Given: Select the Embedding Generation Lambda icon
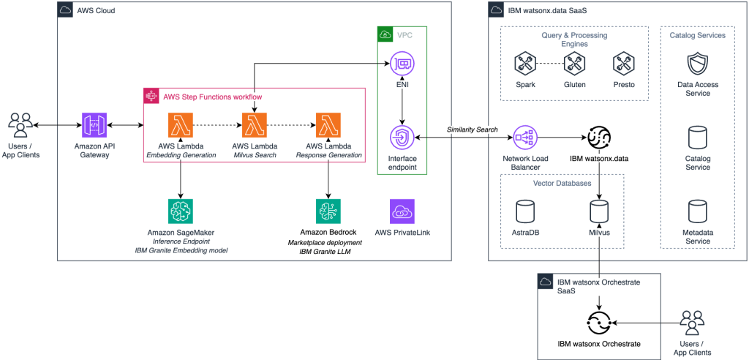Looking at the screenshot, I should coord(181,125).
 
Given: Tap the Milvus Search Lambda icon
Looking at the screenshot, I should coord(255,125).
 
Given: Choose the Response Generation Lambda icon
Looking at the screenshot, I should coord(328,125).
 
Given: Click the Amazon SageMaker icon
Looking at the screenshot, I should coord(181,212).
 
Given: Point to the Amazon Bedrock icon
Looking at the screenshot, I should coord(328,212).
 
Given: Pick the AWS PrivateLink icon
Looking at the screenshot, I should coord(402,211).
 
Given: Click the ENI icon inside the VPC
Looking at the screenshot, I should coord(402,64).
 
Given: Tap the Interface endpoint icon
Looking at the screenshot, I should coord(402,137).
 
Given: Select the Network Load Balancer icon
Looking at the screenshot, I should coord(525,137).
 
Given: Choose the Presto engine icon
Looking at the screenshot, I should coord(622,66).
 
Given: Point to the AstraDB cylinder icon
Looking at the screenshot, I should coord(524,212).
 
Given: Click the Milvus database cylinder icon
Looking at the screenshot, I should coord(600,212).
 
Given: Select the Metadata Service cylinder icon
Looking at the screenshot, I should coord(697,212).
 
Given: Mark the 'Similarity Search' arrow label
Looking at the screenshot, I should coord(473,130).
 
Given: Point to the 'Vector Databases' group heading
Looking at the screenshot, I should coord(562,183).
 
